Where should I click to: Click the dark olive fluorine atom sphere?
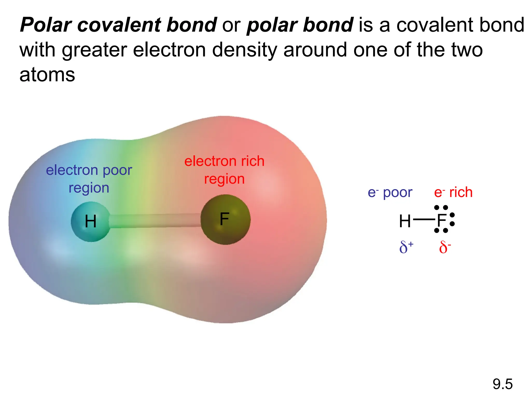(x=225, y=220)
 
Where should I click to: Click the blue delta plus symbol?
(x=406, y=247)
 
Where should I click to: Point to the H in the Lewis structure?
(x=405, y=221)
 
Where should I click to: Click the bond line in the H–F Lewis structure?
(x=424, y=220)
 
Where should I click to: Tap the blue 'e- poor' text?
(x=390, y=192)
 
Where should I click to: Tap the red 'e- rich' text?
(x=453, y=192)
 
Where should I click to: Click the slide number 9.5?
(x=502, y=384)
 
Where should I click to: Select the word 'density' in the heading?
(x=245, y=50)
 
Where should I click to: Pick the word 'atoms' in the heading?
(x=47, y=75)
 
